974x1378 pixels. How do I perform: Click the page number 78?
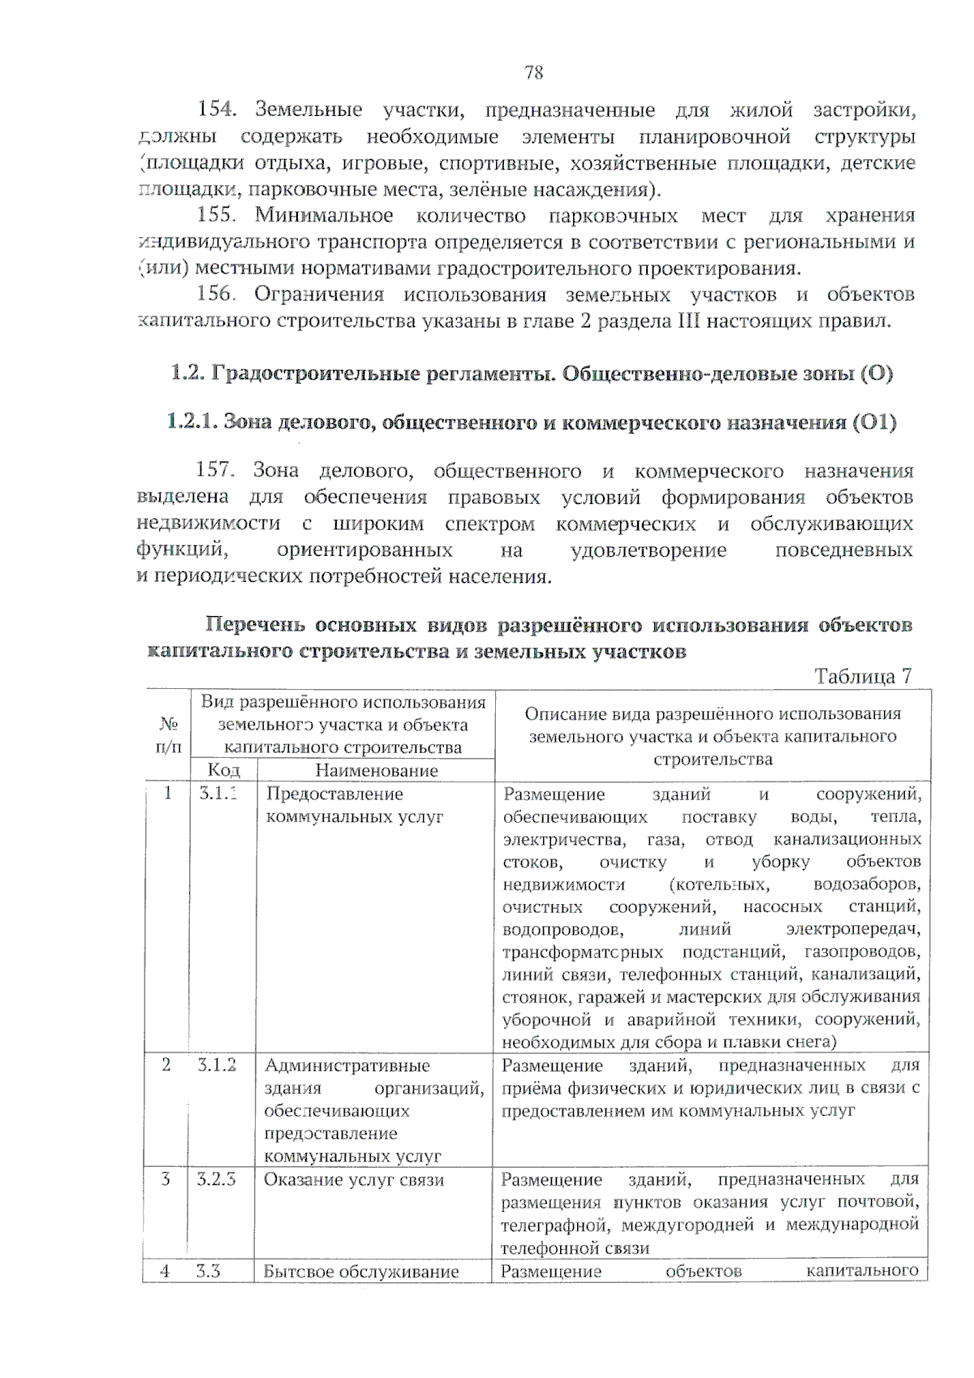coord(533,73)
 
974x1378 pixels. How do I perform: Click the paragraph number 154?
coord(216,109)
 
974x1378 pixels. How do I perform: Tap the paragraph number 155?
coord(216,215)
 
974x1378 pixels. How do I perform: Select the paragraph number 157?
coord(214,470)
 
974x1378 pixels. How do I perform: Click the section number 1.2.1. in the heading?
coord(192,422)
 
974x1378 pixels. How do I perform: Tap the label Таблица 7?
coord(862,676)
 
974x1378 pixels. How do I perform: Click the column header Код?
coord(223,770)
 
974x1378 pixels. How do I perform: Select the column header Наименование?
coord(376,770)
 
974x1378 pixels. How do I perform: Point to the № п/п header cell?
coord(168,734)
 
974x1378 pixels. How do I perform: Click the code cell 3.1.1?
coord(218,793)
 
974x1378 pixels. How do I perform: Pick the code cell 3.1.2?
coord(217,1065)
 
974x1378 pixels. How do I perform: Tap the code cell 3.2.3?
coord(216,1178)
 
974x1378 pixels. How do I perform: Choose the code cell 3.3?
coord(209,1271)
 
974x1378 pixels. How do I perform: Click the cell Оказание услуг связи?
coord(354,1179)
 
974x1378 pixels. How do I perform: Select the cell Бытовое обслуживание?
coord(361,1272)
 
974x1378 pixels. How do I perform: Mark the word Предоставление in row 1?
coord(334,794)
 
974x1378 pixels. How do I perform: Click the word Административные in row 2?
coord(347,1066)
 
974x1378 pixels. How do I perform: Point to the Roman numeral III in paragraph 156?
coord(687,321)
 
